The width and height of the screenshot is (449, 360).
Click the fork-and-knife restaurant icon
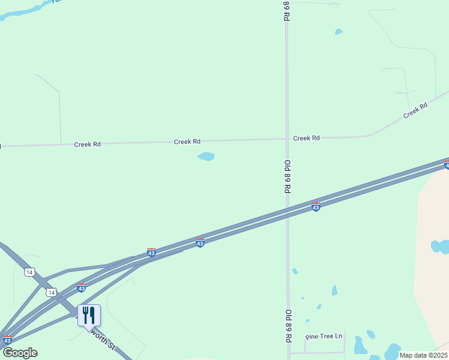89,315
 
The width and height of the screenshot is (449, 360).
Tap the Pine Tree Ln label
324,337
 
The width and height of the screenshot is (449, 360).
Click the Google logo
19,353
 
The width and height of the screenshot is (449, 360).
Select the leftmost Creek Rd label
87,145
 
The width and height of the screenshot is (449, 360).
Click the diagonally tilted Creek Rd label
415,110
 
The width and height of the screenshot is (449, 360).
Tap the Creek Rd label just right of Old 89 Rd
306,138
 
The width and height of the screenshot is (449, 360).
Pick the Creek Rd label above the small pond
187,142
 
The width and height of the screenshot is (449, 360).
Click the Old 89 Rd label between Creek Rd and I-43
288,176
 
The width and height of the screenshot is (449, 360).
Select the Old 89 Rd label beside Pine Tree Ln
288,326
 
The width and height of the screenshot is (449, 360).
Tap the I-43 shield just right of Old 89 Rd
316,207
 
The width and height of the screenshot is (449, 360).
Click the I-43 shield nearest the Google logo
7,340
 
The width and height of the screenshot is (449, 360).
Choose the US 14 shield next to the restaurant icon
52,292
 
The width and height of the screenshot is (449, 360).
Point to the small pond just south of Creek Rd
206,157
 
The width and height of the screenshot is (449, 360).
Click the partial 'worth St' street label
103,342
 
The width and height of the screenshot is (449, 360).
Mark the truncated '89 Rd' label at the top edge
287,11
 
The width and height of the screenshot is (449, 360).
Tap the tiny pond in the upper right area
339,32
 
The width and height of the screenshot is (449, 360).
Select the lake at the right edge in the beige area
441,246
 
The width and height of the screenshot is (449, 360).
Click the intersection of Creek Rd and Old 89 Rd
287,139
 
